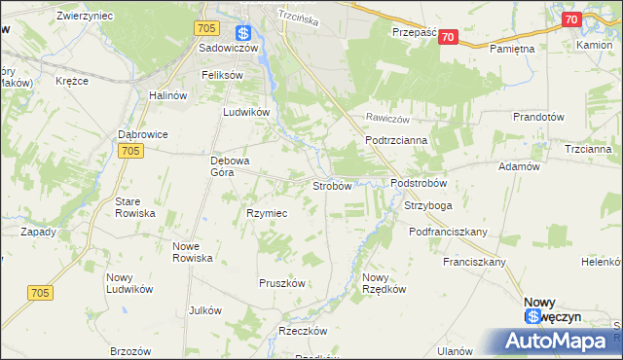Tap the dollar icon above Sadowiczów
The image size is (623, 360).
point(243,32)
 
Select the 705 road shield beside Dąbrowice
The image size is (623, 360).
point(133,151)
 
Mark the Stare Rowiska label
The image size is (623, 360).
point(135,206)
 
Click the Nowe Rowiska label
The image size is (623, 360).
point(192,252)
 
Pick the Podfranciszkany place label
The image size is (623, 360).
point(448,232)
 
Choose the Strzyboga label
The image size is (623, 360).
point(427,206)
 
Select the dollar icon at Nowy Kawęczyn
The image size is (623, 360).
point(532,317)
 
